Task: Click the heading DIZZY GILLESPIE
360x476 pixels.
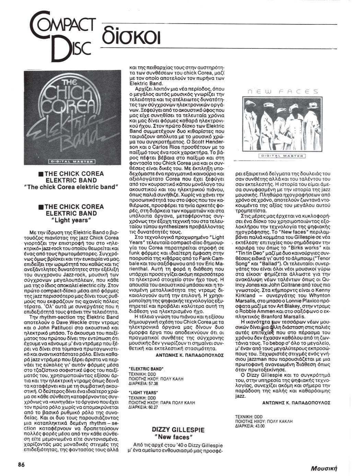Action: point(178,430)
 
